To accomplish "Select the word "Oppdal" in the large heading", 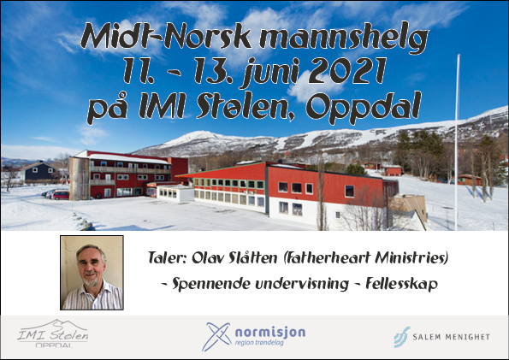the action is [364, 107].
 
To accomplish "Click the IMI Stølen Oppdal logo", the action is [52, 333].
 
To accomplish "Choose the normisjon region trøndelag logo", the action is [253, 337].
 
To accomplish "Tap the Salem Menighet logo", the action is [441, 337].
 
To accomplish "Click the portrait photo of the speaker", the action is [92, 273].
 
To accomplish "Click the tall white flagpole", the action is [457, 142].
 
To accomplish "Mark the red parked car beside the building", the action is [61, 195].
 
